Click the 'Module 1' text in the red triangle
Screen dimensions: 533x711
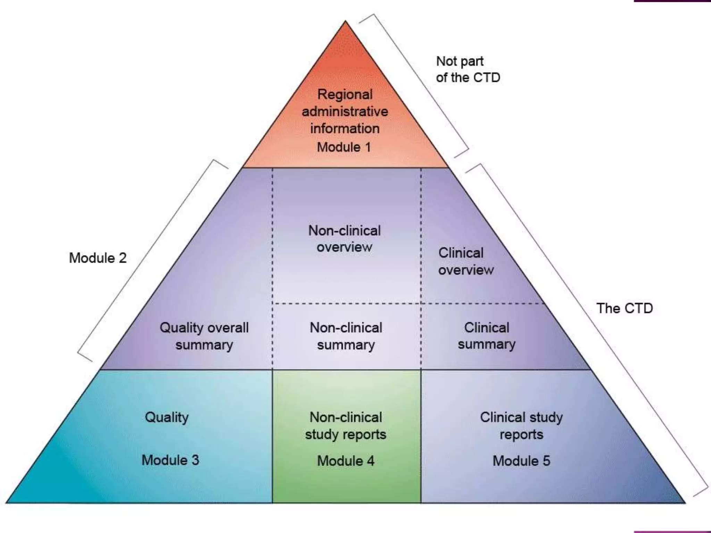click(344, 147)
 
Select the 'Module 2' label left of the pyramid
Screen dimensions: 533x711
click(98, 258)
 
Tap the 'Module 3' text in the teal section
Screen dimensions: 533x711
click(170, 460)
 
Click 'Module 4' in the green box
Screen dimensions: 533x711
click(346, 461)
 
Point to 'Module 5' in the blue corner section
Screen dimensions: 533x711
click(521, 461)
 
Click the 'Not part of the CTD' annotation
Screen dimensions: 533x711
click(467, 69)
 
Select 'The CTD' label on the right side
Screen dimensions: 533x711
click(624, 308)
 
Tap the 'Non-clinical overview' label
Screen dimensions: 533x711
click(344, 239)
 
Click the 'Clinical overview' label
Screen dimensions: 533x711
click(465, 261)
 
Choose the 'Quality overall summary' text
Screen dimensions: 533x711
click(204, 336)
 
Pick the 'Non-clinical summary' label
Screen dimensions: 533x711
click(346, 336)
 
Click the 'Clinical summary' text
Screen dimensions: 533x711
click(486, 336)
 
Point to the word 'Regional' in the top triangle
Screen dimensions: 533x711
click(345, 94)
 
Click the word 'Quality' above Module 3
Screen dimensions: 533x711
click(167, 417)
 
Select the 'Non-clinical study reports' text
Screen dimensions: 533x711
click(346, 426)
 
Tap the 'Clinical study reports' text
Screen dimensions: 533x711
click(521, 426)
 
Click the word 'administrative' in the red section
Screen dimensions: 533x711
click(345, 111)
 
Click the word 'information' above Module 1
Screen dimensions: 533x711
click(345, 128)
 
